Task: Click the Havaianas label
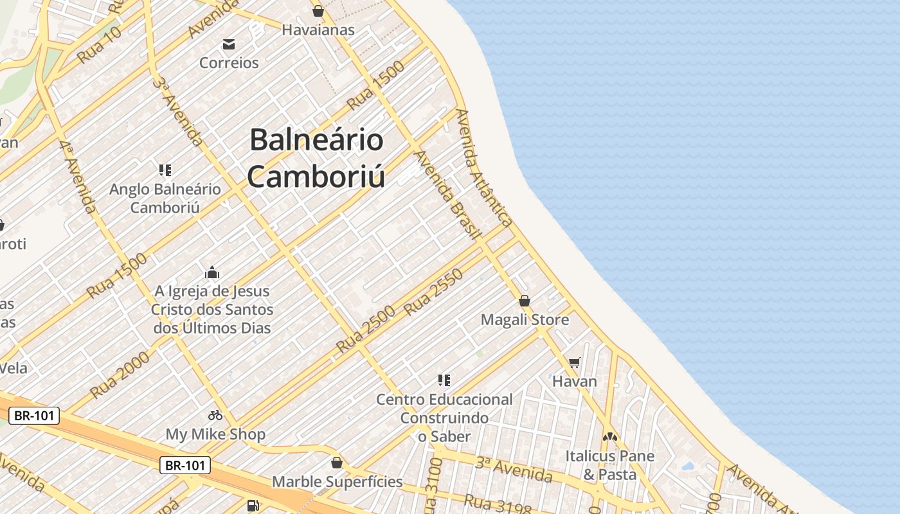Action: tap(318, 30)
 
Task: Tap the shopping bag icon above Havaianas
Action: tap(318, 11)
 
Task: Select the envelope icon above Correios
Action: tap(229, 44)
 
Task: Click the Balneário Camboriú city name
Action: tap(316, 158)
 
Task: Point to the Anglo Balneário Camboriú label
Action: tap(165, 198)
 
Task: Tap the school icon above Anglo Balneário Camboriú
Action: tap(165, 170)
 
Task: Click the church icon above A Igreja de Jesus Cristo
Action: tap(212, 272)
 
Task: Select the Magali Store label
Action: tap(525, 319)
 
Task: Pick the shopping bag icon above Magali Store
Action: tap(525, 301)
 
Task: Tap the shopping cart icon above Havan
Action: tap(575, 362)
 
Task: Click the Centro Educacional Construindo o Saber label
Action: tap(444, 418)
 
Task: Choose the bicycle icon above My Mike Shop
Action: tap(215, 415)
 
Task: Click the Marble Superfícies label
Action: tap(337, 481)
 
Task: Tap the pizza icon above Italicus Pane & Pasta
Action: tap(609, 437)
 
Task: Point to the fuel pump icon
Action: tap(253, 506)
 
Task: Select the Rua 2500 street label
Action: tap(364, 328)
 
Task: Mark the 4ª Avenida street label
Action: tap(78, 177)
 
